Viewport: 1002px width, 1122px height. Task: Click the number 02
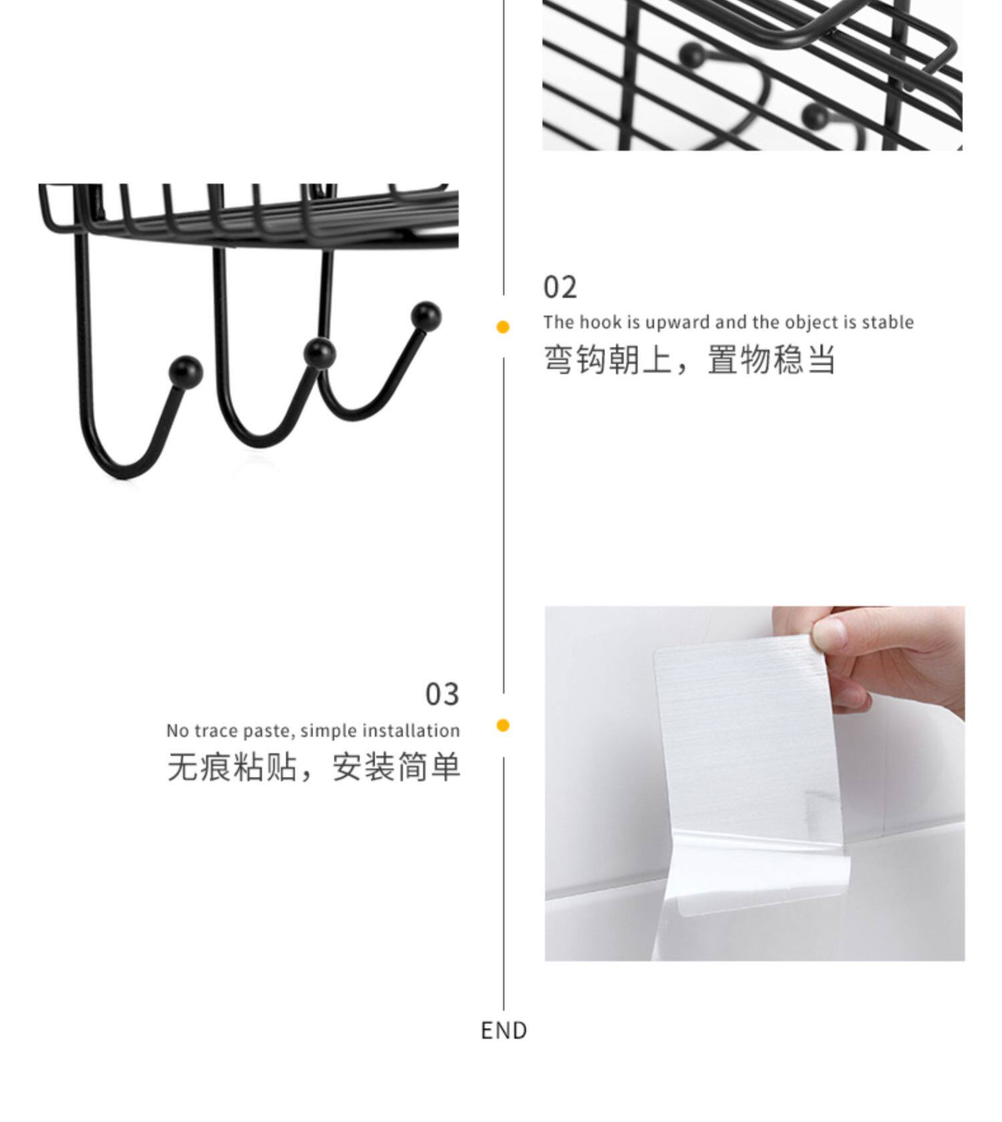point(560,288)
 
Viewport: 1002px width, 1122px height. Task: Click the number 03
point(442,695)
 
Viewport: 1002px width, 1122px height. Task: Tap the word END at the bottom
point(504,1031)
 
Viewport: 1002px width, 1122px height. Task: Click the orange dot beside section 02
point(503,327)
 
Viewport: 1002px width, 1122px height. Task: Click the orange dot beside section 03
point(503,725)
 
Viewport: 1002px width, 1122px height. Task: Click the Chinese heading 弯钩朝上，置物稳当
point(689,359)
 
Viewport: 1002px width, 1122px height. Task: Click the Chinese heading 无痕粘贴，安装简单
point(313,767)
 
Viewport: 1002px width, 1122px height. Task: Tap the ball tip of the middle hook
point(319,353)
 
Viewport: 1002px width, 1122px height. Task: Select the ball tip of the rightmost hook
point(426,315)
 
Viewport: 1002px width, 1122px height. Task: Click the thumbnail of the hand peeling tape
point(754,783)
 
